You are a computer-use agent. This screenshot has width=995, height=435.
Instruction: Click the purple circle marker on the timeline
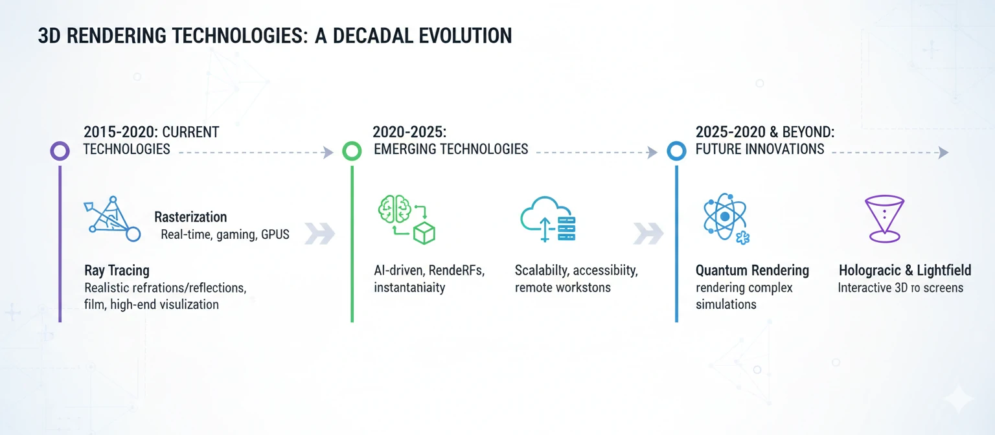60,151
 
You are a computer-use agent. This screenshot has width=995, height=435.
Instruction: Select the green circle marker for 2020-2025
351,151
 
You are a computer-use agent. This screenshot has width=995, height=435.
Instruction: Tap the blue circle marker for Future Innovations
676,151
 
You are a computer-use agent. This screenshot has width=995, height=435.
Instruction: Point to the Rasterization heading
190,217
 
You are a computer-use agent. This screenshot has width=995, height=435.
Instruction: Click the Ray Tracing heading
117,270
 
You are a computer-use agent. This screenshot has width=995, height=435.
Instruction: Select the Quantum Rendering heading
752,270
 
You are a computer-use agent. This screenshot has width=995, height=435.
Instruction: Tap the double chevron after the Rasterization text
319,234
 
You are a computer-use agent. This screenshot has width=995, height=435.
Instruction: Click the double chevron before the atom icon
648,234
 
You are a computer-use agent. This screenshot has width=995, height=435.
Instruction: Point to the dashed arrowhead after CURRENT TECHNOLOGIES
328,152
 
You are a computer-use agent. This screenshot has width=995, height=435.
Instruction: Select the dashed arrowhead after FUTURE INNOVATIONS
943,152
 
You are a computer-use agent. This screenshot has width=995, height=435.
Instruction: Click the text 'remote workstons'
562,287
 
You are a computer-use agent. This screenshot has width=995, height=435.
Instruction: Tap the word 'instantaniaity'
409,287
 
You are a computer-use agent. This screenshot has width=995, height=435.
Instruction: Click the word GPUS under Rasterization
275,235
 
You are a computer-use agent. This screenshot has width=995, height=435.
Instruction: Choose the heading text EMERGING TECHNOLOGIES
451,149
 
